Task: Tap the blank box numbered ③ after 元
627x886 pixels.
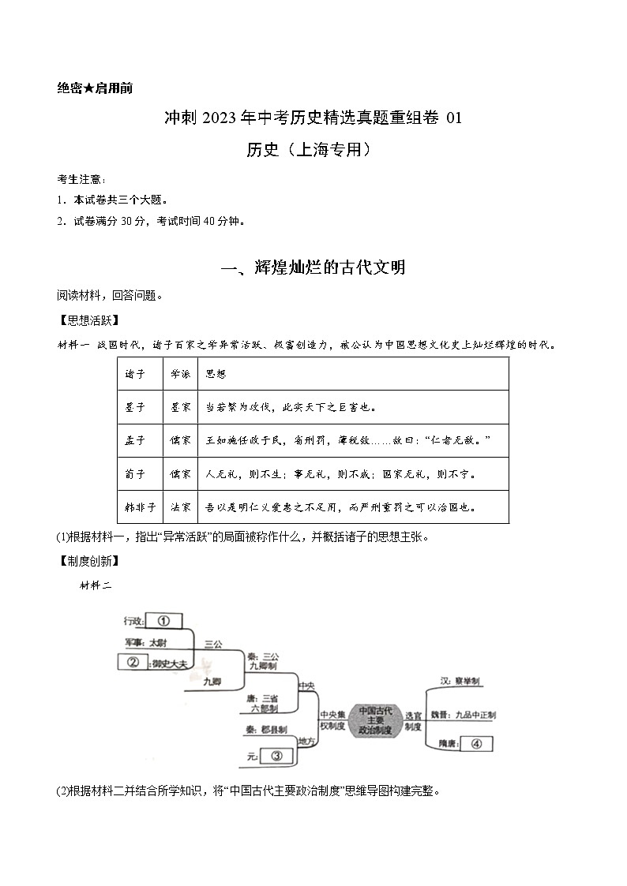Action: point(276,756)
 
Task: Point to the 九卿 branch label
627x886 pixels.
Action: point(211,680)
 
